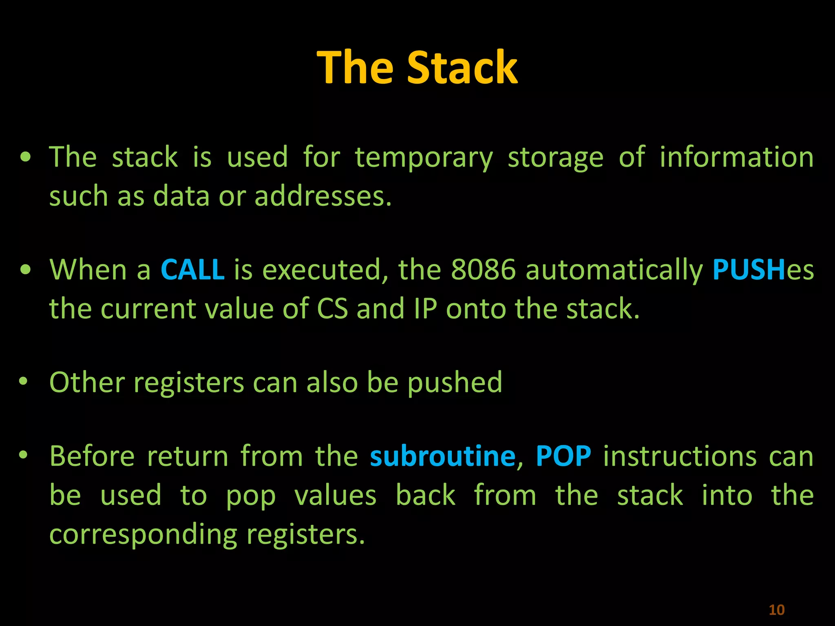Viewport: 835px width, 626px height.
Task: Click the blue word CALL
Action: click(192, 270)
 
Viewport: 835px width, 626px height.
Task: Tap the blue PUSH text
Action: click(749, 270)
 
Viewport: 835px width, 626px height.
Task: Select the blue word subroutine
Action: click(443, 456)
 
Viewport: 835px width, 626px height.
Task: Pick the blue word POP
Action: click(563, 456)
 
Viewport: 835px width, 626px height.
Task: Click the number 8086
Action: click(483, 270)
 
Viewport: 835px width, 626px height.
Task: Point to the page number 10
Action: click(776, 610)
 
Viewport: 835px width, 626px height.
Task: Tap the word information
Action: click(736, 157)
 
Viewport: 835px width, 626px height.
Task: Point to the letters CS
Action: click(332, 309)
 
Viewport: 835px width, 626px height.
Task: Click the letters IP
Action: click(425, 309)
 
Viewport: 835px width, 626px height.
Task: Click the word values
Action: click(335, 496)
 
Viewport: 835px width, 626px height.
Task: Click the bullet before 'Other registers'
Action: click(23, 381)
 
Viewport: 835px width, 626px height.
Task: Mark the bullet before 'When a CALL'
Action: click(26, 269)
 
